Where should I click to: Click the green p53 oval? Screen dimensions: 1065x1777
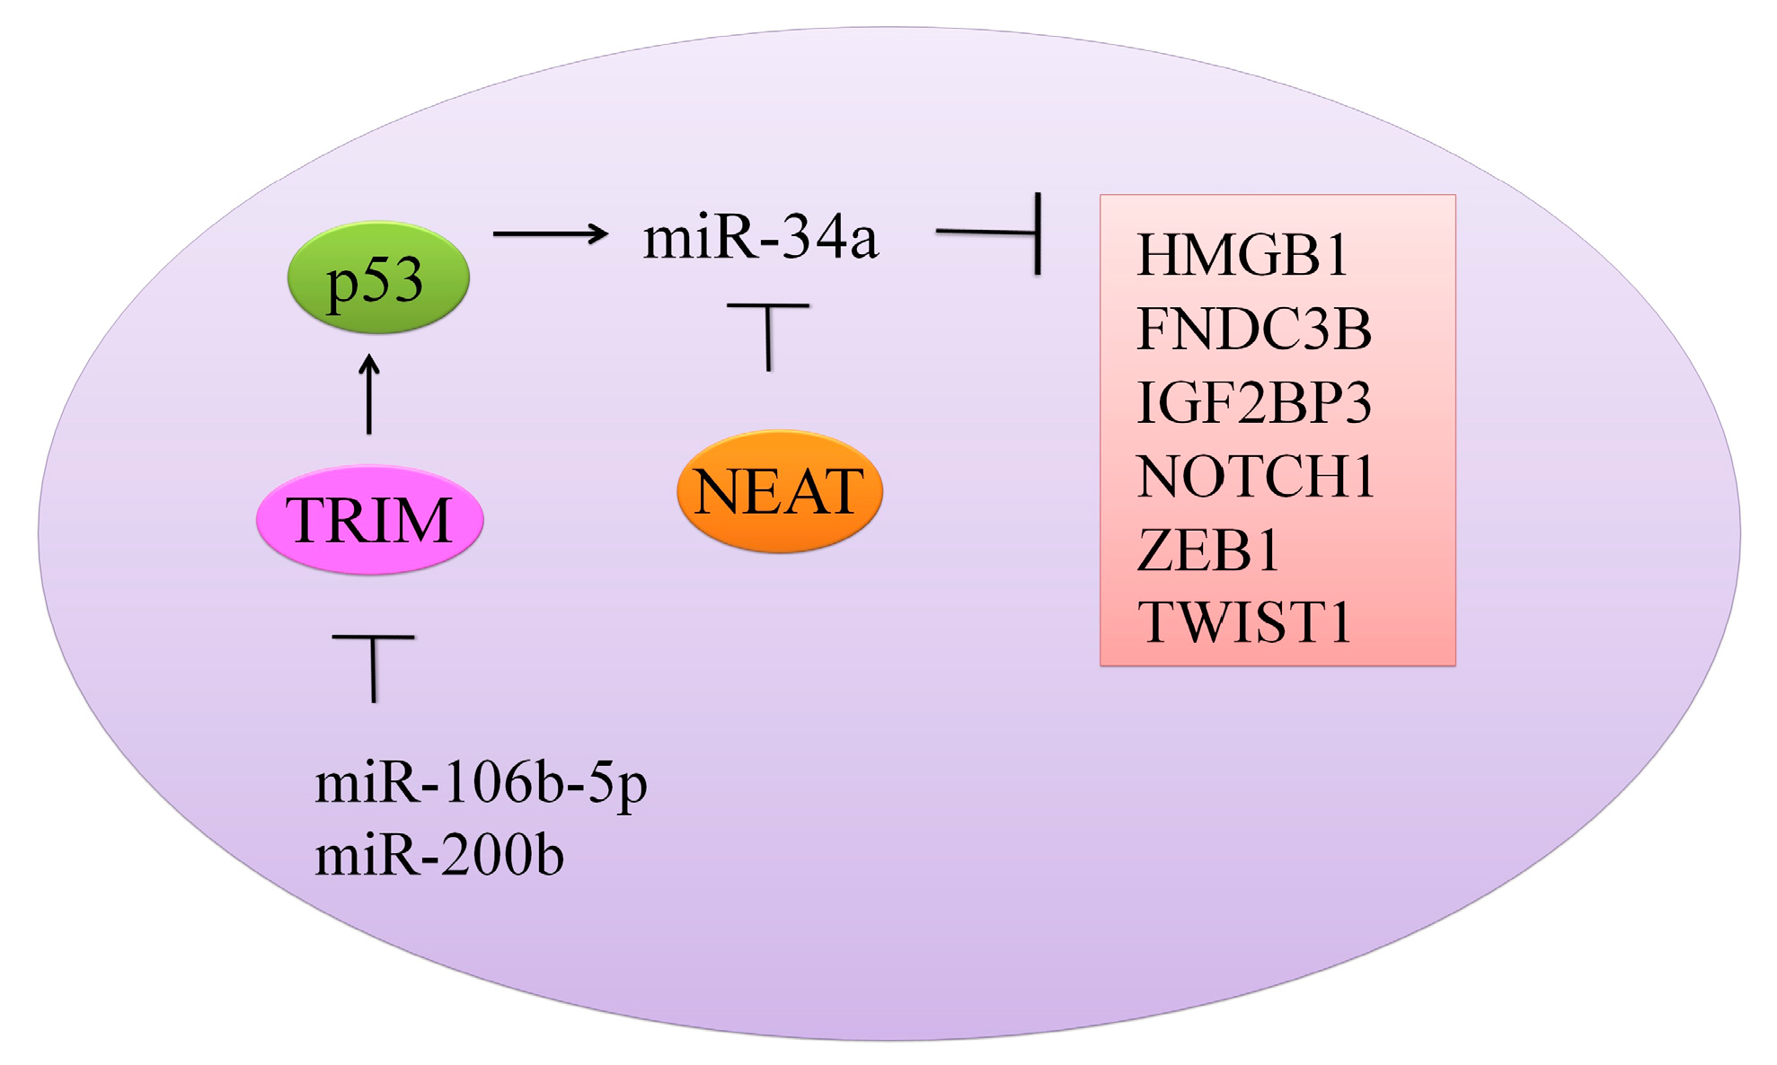coord(378,277)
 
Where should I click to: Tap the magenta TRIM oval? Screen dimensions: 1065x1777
coord(369,520)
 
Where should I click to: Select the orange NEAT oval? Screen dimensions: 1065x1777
coord(779,491)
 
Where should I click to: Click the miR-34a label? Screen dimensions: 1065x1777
coord(760,237)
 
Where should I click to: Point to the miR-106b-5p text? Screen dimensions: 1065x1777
coord(481,783)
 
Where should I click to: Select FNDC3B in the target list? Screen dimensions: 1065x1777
coord(1254,329)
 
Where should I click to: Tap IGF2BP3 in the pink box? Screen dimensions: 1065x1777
coord(1254,402)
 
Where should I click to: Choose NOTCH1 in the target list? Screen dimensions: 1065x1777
coord(1256,476)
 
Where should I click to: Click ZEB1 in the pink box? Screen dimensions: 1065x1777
coord(1208,550)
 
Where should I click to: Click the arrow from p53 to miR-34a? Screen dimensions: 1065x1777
coord(550,233)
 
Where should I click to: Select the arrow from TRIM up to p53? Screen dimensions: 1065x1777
coord(369,395)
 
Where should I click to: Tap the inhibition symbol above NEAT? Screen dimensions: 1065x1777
coord(768,334)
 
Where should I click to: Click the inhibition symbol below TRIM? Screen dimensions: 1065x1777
coord(374,665)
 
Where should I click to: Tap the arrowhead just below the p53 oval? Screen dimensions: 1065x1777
coord(369,364)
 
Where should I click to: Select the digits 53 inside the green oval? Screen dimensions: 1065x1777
coord(392,279)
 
